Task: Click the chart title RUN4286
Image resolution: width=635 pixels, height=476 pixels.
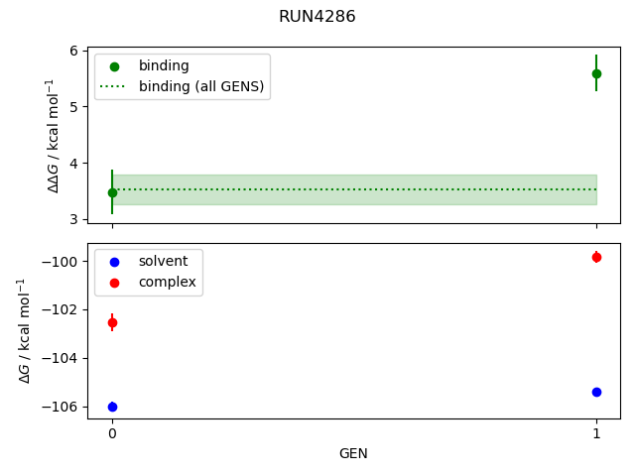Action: [x=317, y=16]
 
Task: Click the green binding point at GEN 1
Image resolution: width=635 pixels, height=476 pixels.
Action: [x=596, y=73]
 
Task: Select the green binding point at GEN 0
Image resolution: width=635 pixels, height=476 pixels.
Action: [x=112, y=192]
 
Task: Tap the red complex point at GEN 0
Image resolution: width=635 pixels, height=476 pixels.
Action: [x=112, y=322]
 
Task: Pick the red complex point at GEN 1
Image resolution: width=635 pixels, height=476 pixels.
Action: [x=596, y=257]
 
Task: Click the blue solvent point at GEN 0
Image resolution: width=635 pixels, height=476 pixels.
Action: [x=112, y=407]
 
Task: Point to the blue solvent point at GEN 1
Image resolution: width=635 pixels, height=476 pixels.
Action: [x=596, y=392]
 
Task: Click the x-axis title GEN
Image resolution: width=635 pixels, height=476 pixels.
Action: [x=353, y=453]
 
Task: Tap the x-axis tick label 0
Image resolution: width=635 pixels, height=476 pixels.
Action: [x=112, y=433]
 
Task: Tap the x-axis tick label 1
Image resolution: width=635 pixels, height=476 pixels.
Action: [x=596, y=433]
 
